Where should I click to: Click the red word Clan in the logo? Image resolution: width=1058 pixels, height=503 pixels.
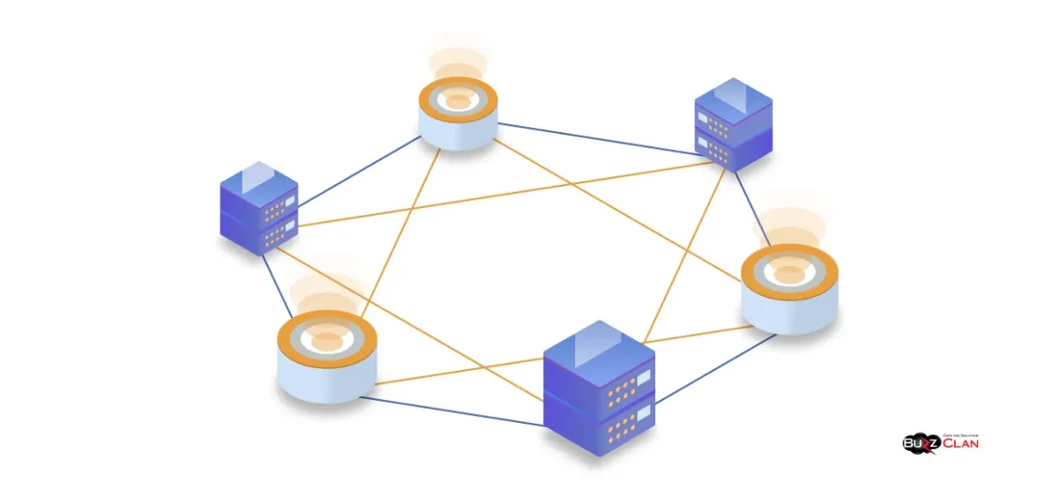961,443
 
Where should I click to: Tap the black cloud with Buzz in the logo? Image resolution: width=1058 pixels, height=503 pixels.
921,443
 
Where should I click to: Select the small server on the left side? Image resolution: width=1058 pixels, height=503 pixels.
258,210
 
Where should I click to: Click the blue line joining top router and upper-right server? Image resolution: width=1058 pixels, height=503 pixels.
600,139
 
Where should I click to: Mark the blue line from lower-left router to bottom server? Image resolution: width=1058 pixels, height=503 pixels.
450,411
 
